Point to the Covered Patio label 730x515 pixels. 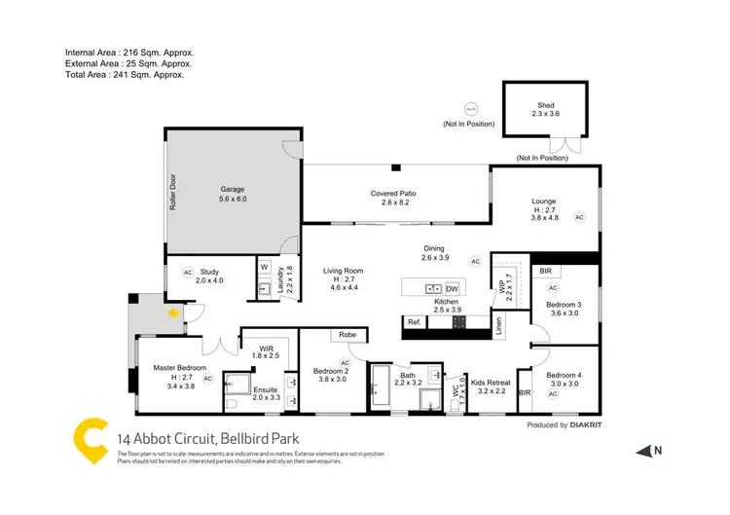click(x=393, y=194)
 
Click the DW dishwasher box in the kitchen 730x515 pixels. click(x=452, y=289)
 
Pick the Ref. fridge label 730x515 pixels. click(x=414, y=322)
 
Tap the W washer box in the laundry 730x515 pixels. click(x=264, y=266)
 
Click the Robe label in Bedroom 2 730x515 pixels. click(x=347, y=336)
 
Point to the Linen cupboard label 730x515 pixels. click(x=497, y=326)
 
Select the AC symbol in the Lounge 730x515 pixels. click(x=580, y=217)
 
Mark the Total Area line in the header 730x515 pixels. click(x=124, y=74)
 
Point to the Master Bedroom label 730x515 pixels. click(x=178, y=368)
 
